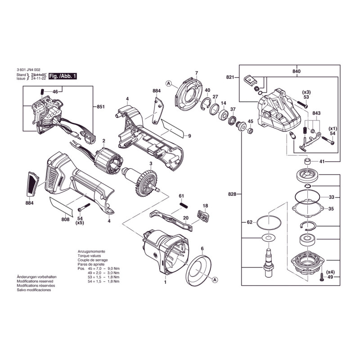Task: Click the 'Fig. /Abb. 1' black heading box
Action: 63,76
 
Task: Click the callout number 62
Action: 250,222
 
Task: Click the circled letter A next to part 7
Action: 168,83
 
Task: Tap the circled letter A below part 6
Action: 215,280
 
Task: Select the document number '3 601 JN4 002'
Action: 31,70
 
